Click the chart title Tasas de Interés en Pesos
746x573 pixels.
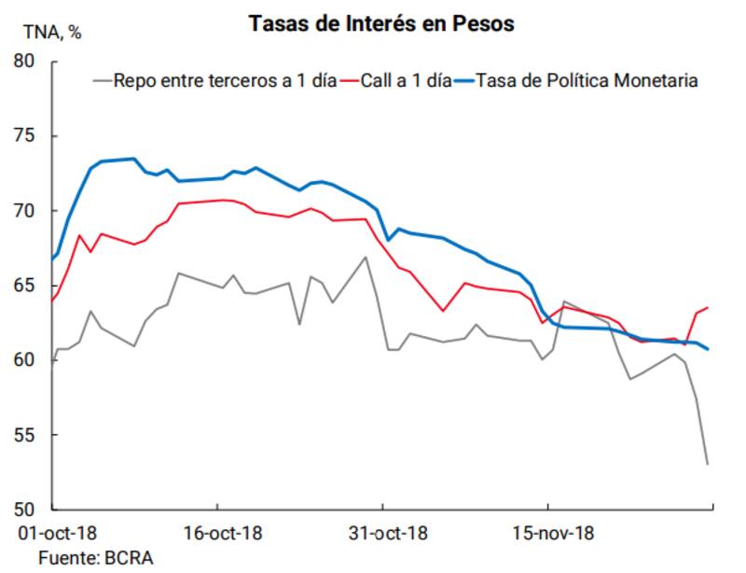pyautogui.click(x=381, y=24)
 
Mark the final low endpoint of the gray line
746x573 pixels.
pyautogui.click(x=708, y=464)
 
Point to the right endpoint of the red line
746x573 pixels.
pyautogui.click(x=708, y=307)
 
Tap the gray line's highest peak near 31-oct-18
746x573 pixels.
pyautogui.click(x=366, y=257)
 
